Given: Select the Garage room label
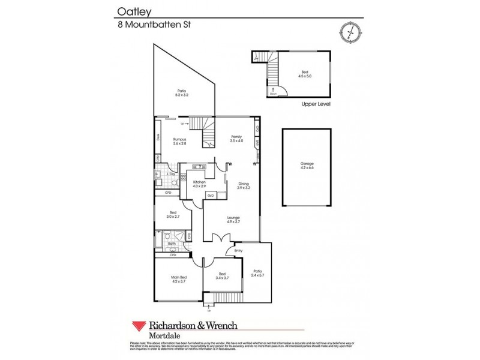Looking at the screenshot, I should (307, 166).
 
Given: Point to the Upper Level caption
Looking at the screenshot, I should (316, 104).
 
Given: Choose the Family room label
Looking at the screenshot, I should (237, 139).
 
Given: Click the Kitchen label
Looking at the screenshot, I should (199, 183).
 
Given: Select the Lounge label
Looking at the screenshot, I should (233, 220).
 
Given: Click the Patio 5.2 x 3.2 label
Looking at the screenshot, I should (182, 92).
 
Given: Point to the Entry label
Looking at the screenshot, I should (238, 251).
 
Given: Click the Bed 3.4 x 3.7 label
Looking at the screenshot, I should (223, 276).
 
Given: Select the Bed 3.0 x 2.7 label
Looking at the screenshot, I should (173, 214).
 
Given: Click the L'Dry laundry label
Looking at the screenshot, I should (171, 174).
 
